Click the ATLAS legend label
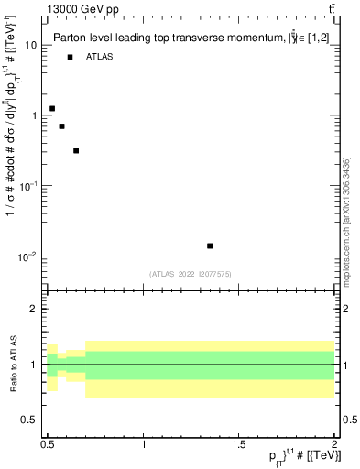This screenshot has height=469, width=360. (x=100, y=57)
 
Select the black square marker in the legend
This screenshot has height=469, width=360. (x=70, y=57)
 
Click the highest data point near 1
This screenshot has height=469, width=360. (x=52, y=108)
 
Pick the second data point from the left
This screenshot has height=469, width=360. (x=61, y=126)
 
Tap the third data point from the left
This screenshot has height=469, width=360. (x=76, y=151)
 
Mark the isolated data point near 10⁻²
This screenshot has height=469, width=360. (x=210, y=245)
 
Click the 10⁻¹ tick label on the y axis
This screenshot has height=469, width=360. (x=27, y=186)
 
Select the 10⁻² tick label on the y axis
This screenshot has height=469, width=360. (x=27, y=256)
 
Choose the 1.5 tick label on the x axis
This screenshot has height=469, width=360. (x=239, y=444)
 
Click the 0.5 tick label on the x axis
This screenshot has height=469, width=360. (x=48, y=444)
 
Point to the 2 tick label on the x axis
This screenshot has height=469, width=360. (x=335, y=444)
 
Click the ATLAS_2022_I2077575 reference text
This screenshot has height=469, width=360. (x=191, y=273)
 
